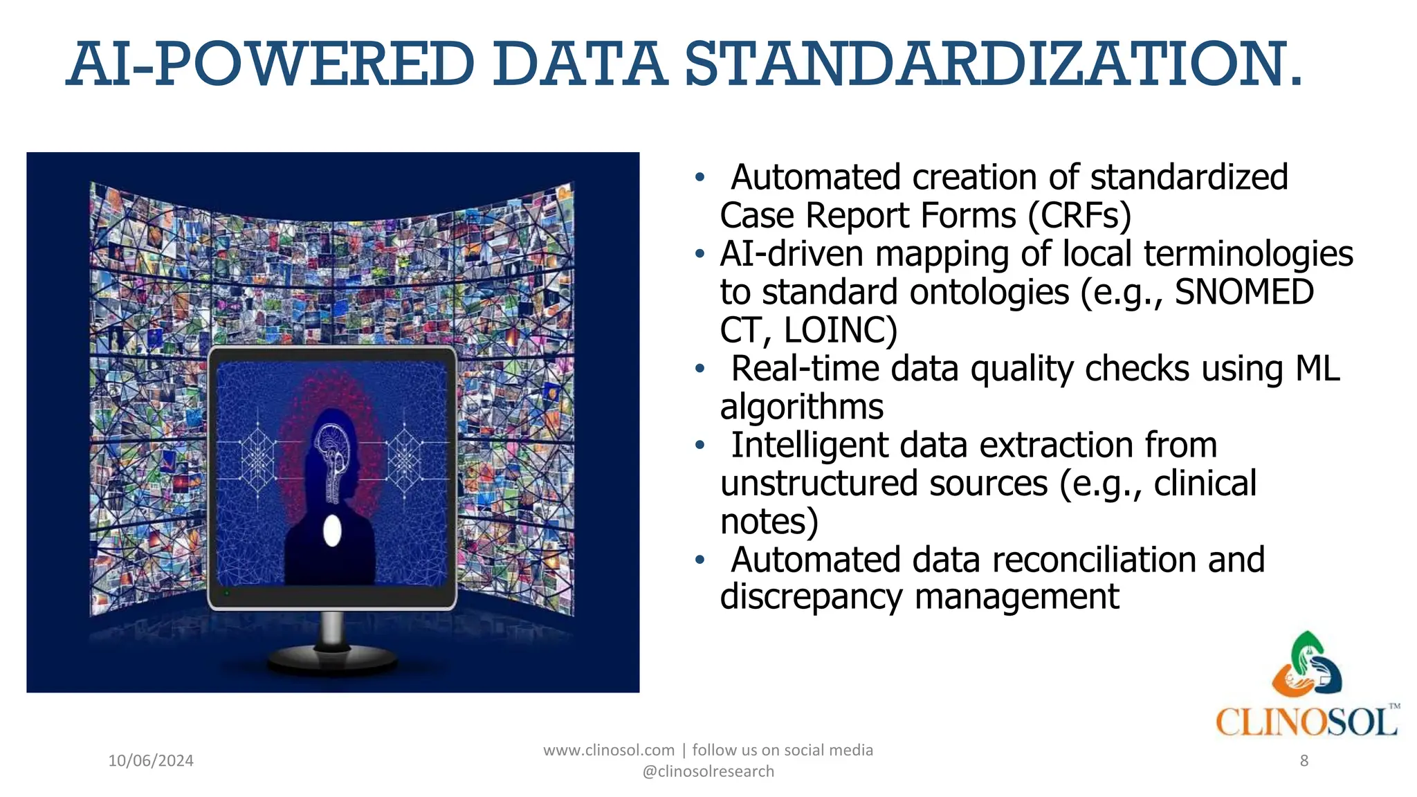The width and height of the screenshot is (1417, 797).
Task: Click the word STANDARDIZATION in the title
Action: point(994,64)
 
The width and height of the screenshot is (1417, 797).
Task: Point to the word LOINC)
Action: point(840,330)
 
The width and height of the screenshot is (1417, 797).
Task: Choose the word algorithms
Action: point(801,407)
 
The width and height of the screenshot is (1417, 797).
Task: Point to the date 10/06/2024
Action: point(151,761)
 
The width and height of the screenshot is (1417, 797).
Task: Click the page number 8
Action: point(1304,761)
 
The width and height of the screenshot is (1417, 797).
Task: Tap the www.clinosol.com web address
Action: point(608,751)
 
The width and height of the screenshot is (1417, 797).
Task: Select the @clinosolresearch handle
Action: point(708,771)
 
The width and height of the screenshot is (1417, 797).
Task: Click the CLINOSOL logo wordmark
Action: point(1306,723)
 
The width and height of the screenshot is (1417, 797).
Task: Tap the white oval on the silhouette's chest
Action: point(332,531)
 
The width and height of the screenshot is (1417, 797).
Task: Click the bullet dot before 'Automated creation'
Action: point(700,178)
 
